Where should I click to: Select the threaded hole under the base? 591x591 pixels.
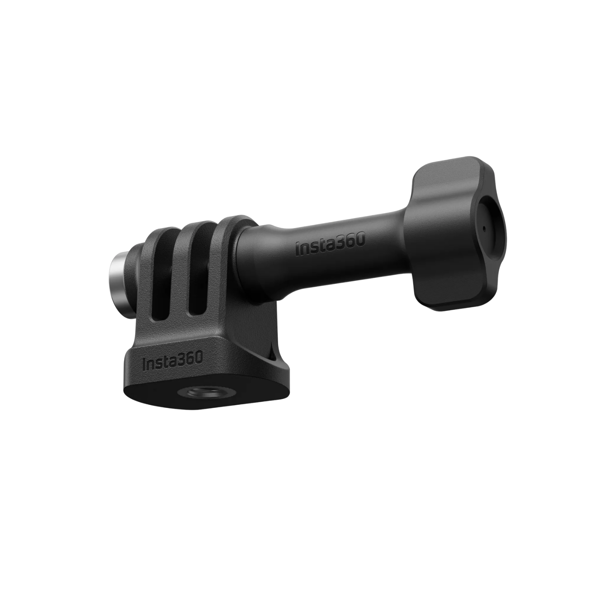pos(189,391)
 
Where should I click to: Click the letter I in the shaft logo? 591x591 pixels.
pos(297,249)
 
